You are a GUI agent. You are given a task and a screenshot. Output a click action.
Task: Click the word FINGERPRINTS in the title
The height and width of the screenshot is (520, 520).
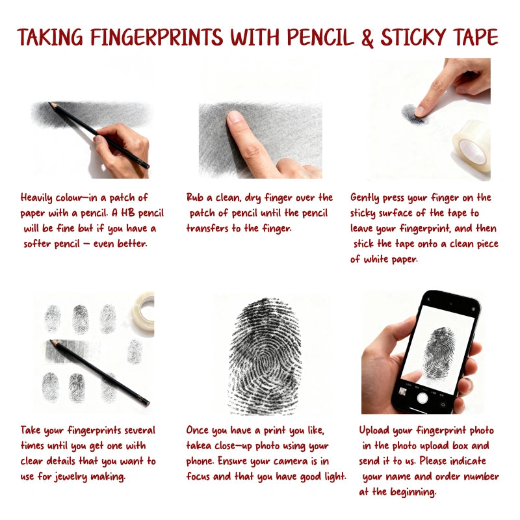[157, 37]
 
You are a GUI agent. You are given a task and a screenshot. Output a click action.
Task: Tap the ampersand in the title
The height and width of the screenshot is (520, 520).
[367, 38]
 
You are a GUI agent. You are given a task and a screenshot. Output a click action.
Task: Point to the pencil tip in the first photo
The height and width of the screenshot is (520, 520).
[50, 104]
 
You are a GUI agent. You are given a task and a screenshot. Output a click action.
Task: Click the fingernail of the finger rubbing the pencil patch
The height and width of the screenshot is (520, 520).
[235, 117]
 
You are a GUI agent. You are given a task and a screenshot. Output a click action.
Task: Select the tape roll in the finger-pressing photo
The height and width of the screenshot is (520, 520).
[472, 145]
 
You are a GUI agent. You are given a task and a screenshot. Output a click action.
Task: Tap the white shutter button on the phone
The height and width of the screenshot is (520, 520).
[422, 398]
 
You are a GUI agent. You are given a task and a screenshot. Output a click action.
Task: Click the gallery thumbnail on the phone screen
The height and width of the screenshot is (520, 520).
[403, 391]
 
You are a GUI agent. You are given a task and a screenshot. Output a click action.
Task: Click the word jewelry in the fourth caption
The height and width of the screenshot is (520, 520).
[71, 477]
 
